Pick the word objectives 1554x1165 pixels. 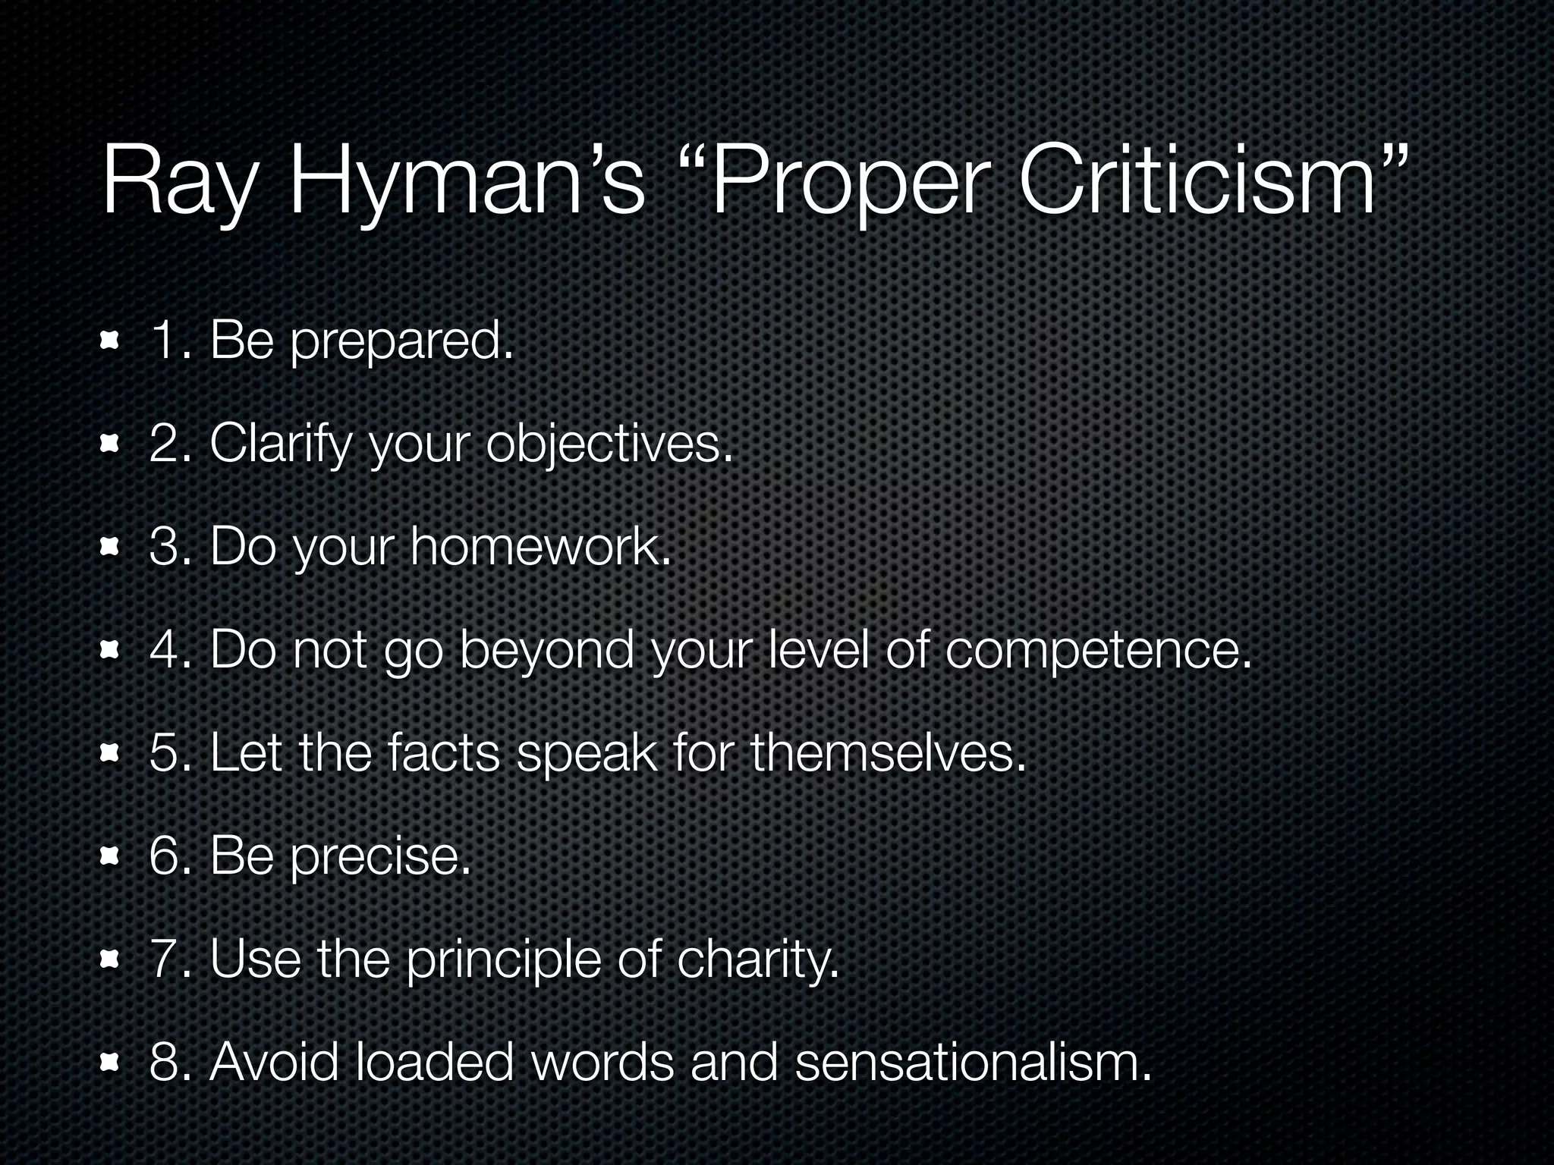point(610,444)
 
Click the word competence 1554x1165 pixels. point(1097,651)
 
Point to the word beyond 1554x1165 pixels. point(546,651)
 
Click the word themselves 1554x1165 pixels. point(888,752)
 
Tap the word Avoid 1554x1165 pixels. point(274,1062)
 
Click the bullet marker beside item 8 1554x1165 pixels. point(111,1063)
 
